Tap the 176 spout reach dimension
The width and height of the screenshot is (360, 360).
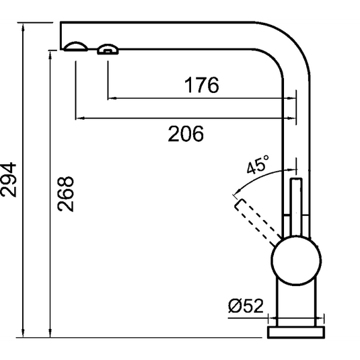coord(201,86)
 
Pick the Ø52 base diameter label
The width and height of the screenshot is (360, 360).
coord(244,306)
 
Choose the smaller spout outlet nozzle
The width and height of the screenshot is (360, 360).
coord(108,48)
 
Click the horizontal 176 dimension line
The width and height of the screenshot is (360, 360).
coord(201,99)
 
